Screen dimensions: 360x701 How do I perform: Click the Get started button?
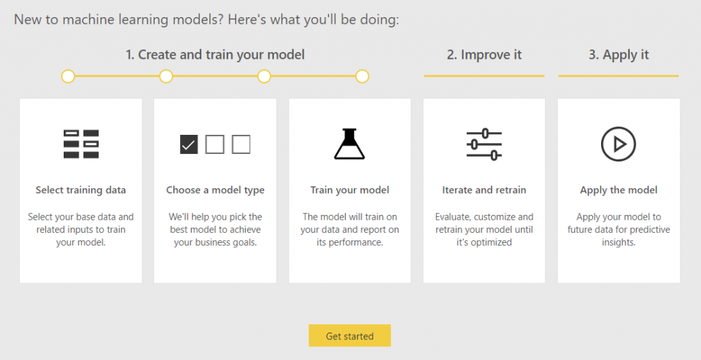pyautogui.click(x=350, y=336)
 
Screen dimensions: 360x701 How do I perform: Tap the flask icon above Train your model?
pyautogui.click(x=350, y=144)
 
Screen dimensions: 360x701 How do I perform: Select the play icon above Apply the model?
pyautogui.click(x=618, y=144)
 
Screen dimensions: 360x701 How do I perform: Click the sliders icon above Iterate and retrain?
pyautogui.click(x=484, y=144)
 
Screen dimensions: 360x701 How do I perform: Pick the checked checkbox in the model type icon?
pyautogui.click(x=189, y=144)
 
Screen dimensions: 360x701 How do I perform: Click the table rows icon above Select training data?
pyautogui.click(x=81, y=144)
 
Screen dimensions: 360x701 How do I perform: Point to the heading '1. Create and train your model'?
pyautogui.click(x=215, y=55)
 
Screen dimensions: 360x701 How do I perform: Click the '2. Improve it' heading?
pyautogui.click(x=484, y=55)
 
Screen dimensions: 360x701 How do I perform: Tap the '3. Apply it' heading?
pyautogui.click(x=618, y=55)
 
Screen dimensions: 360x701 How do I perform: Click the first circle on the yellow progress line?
pyautogui.click(x=68, y=77)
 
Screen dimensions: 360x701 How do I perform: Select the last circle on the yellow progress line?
pyautogui.click(x=362, y=77)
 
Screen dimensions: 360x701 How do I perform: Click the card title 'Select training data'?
pyautogui.click(x=81, y=190)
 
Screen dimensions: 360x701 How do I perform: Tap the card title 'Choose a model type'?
pyautogui.click(x=215, y=190)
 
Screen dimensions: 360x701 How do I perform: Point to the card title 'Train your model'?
pyautogui.click(x=350, y=190)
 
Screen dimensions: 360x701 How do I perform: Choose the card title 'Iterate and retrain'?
pyautogui.click(x=484, y=190)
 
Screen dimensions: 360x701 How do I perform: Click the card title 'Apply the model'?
pyautogui.click(x=618, y=190)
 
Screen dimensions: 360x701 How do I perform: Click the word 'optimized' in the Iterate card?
pyautogui.click(x=490, y=242)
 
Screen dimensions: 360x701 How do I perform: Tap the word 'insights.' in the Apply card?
pyautogui.click(x=618, y=242)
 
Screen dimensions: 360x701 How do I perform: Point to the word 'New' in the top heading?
pyautogui.click(x=27, y=20)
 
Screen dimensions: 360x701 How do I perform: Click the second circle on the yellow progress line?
pyautogui.click(x=166, y=77)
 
